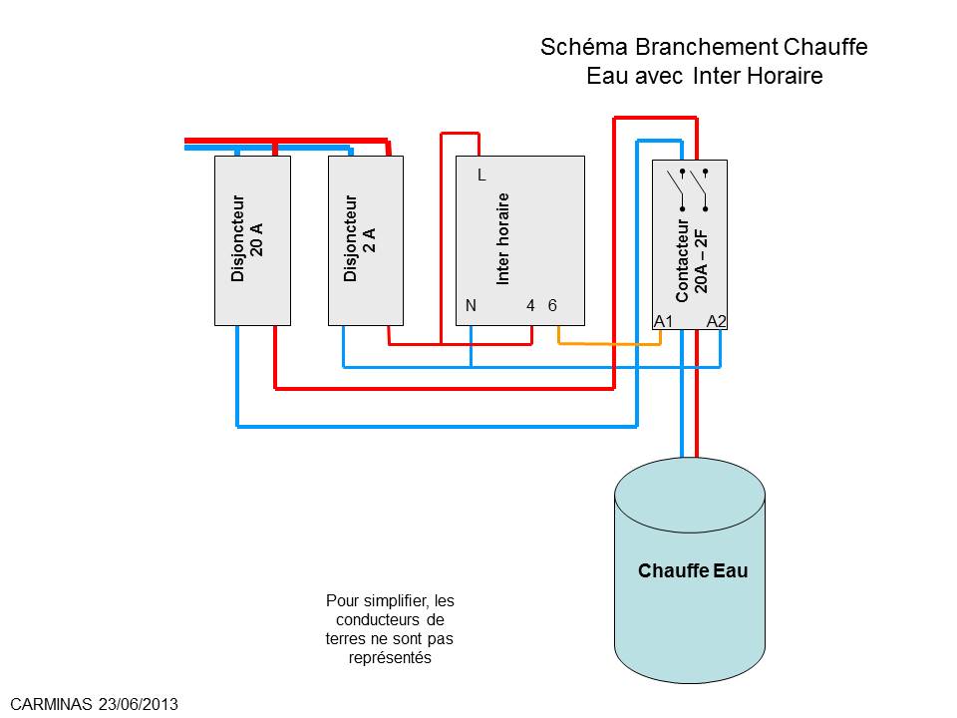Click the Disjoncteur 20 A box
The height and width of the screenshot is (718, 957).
point(252,240)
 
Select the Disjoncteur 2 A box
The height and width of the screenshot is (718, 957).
point(366,240)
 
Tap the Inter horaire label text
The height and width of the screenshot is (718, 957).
point(502,238)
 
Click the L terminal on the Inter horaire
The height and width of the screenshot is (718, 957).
point(481,176)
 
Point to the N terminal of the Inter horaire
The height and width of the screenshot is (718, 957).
point(471,305)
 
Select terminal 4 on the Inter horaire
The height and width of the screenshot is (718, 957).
point(530,305)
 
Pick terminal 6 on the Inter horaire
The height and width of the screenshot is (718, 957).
point(552,305)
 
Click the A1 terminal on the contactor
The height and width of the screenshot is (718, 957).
point(664,321)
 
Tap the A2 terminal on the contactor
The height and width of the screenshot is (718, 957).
point(717,321)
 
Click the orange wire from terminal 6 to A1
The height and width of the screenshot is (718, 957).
point(609,344)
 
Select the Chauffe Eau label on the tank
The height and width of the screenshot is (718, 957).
point(693,570)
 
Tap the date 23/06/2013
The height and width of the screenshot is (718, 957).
point(139,704)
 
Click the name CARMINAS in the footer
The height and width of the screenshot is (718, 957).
point(51,704)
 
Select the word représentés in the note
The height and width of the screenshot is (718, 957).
point(390,658)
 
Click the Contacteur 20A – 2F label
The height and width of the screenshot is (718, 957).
point(692,260)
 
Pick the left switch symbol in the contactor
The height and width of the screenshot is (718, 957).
point(676,189)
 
